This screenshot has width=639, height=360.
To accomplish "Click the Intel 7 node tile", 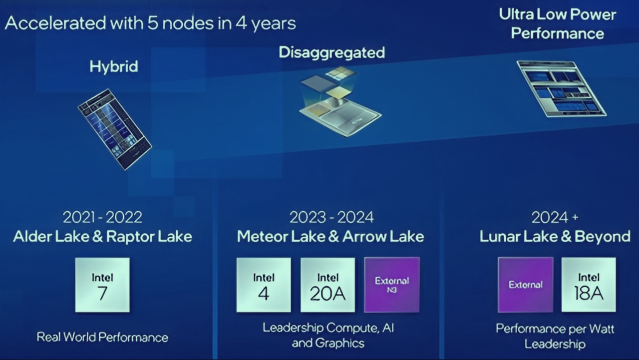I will [x=102, y=285].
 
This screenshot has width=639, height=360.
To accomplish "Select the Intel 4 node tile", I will [x=264, y=285].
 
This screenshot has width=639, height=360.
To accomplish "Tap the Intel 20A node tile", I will [x=327, y=285].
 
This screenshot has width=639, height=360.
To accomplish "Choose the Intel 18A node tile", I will [x=589, y=285].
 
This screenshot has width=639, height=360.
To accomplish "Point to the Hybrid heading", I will [x=114, y=66].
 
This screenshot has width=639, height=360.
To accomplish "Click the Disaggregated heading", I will [x=331, y=52].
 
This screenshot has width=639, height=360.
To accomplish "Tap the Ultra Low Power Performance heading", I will [x=558, y=23].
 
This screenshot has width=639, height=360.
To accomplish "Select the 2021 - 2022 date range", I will [x=102, y=217].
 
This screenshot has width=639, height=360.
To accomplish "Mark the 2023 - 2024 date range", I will [x=331, y=217].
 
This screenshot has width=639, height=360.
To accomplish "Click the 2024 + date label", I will [x=555, y=217].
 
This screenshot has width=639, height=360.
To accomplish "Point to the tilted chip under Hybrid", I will [x=115, y=128].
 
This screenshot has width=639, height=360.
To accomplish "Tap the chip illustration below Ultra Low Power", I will [x=561, y=88].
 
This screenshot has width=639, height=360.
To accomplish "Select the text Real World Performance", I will [x=102, y=337].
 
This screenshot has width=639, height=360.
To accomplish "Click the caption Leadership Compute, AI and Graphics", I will [x=328, y=335].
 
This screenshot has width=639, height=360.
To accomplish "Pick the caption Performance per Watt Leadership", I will [x=555, y=336].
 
